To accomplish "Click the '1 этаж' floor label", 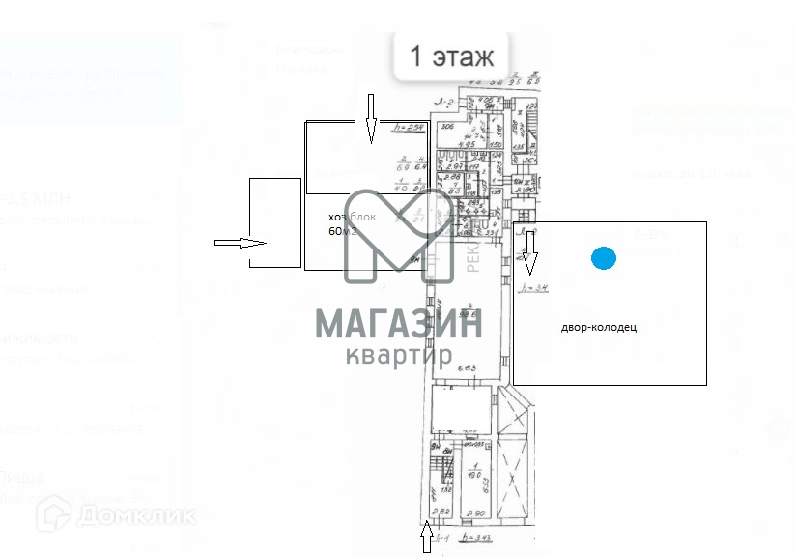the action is coord(451,56).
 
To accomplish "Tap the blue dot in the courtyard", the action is coord(604,257).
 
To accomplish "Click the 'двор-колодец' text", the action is coord(599,327).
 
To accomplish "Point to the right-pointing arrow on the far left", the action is coord(240,243).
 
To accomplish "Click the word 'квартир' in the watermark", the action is coord(399,355).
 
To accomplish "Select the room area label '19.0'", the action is coord(473,475).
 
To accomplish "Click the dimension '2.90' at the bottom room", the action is coord(474,513).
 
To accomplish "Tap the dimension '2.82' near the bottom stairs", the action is coord(442,513).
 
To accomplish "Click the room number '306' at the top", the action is coord(447,127).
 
